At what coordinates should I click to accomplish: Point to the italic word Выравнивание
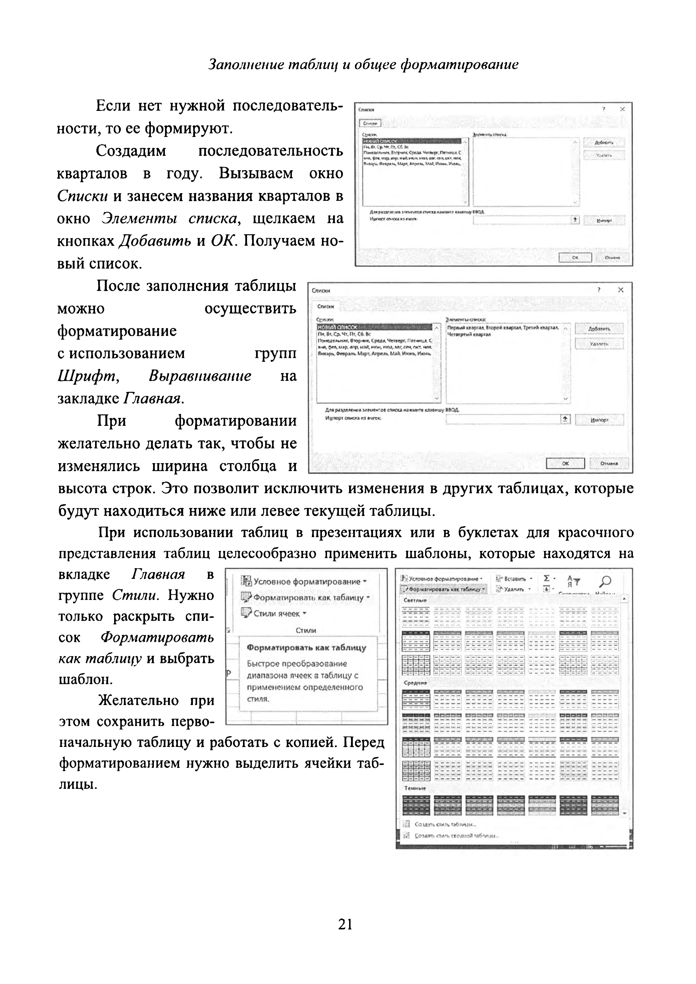click(200, 376)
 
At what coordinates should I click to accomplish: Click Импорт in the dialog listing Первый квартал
click(599, 420)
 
